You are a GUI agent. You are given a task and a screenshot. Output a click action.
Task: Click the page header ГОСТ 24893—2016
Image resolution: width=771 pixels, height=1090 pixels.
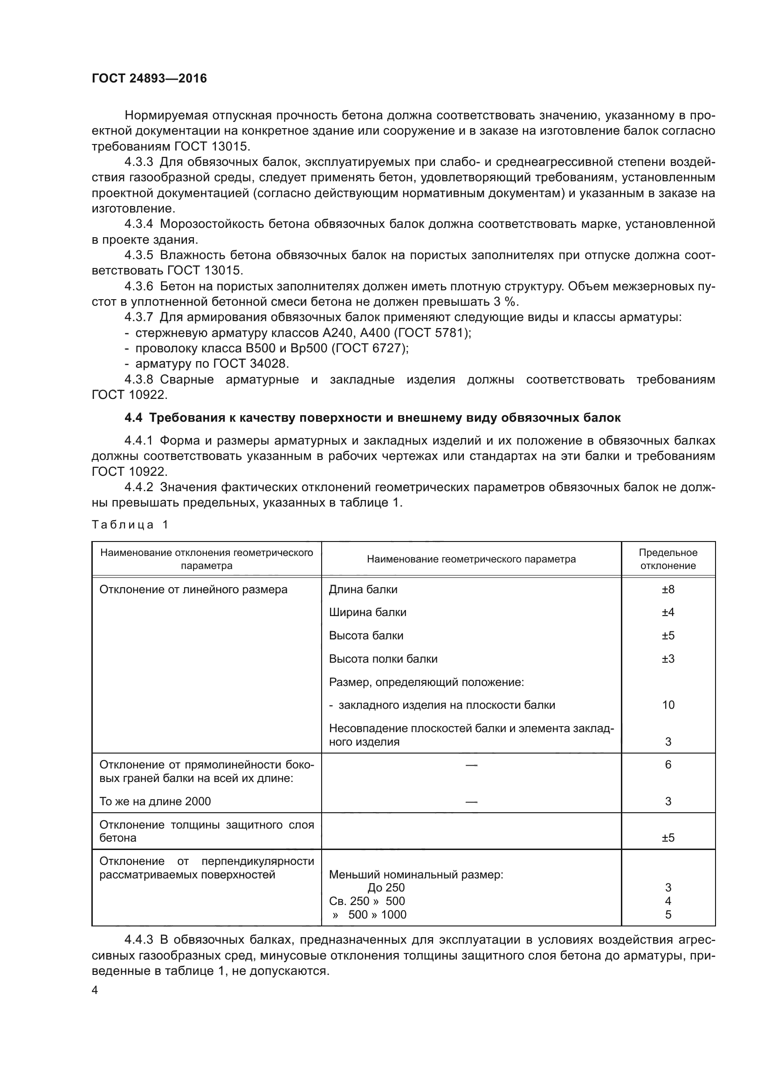coord(149,78)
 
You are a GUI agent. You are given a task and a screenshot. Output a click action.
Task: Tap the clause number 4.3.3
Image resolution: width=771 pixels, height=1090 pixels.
coord(138,162)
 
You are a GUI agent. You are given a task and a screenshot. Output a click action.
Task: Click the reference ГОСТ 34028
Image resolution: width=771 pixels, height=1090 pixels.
coord(250,363)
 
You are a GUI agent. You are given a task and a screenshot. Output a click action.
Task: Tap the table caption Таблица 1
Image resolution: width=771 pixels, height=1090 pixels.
coord(130,525)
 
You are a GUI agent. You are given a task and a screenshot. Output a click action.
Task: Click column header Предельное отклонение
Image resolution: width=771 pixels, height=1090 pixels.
coord(668,559)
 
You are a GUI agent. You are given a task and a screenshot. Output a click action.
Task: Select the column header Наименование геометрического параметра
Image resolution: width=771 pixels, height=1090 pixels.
coord(471,559)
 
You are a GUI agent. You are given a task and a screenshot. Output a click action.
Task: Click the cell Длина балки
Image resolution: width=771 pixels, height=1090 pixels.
coord(363,589)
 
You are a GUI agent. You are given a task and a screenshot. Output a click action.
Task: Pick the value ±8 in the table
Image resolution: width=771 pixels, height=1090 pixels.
coord(668,589)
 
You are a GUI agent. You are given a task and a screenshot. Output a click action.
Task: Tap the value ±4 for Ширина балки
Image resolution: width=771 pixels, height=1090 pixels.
coord(668,612)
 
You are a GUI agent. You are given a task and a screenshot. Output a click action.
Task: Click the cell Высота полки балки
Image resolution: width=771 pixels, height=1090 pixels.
coord(383,658)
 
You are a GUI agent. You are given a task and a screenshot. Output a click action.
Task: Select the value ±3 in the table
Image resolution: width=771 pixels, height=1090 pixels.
coord(668,658)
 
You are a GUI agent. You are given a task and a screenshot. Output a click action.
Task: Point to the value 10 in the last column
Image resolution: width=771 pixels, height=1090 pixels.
coord(668,705)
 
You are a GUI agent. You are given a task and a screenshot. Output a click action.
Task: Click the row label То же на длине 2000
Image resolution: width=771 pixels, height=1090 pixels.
coord(155,802)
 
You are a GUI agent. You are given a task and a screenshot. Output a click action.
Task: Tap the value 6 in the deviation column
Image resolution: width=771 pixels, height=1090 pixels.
coord(668,764)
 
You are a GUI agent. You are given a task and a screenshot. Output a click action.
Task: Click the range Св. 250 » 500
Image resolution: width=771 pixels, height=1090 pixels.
coord(366,901)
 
